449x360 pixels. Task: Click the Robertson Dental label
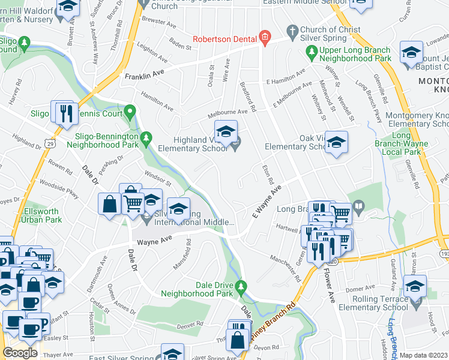(225, 40)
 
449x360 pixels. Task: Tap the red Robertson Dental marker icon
(264, 39)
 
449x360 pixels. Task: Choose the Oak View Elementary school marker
(337, 142)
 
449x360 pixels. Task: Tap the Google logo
(20, 353)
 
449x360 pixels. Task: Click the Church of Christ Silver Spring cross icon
(292, 30)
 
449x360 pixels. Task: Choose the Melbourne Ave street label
(227, 112)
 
